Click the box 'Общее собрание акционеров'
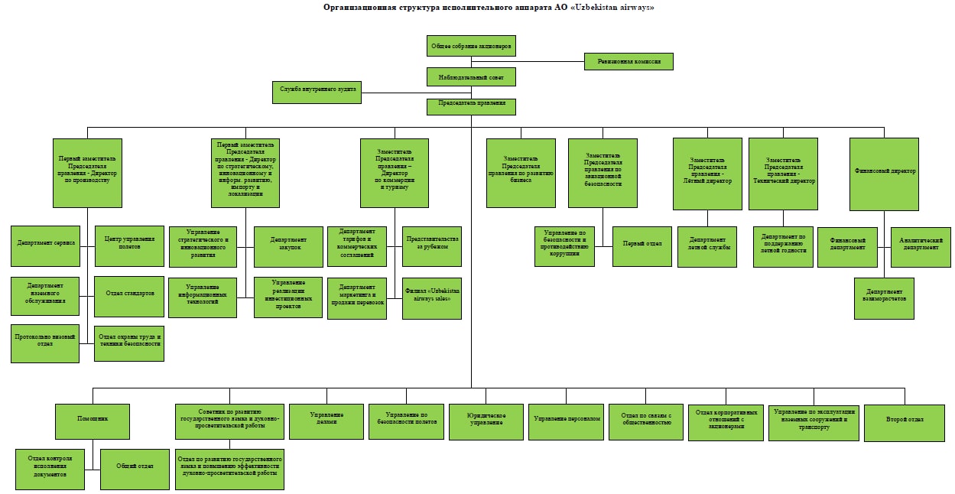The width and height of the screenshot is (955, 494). point(471,46)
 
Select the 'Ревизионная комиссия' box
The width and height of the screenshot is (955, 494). point(629,61)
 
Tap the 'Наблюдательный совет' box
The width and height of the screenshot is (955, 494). point(471,76)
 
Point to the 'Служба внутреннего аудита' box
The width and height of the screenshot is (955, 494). point(317,92)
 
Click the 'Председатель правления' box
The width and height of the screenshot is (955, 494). point(471,106)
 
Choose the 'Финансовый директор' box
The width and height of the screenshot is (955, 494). point(884,174)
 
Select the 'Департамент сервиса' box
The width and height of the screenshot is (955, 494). point(46,245)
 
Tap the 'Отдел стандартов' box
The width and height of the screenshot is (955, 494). point(128,296)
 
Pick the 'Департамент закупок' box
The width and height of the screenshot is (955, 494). point(287,246)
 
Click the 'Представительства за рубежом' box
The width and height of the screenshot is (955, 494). point(432,246)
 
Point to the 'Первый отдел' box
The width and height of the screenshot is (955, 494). point(642,246)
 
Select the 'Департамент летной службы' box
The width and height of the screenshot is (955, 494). point(707,246)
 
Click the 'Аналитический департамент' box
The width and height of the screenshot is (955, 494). point(921,246)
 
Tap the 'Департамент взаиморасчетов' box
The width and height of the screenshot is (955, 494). point(884,297)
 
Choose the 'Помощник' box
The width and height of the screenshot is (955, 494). point(93,420)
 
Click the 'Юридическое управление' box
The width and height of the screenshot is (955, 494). point(486,421)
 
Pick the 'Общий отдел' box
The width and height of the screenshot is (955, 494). point(135,469)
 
